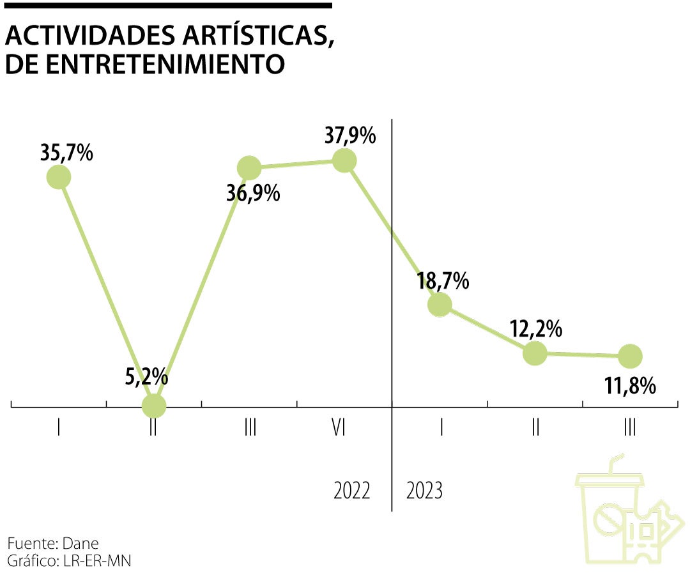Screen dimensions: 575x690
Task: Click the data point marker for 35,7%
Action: [58, 177]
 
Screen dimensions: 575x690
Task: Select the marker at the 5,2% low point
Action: [153, 405]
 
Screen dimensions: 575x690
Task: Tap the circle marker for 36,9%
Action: [249, 168]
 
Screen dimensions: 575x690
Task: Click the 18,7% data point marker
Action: [440, 305]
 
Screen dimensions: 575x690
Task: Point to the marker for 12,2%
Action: [535, 353]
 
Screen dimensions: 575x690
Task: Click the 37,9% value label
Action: [349, 136]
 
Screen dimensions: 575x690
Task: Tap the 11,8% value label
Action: [631, 385]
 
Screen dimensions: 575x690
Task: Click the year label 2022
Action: [352, 492]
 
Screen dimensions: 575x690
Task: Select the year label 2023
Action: [425, 492]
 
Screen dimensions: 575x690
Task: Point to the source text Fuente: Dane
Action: [53, 544]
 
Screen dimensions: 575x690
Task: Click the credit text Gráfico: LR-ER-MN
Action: [70, 561]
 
